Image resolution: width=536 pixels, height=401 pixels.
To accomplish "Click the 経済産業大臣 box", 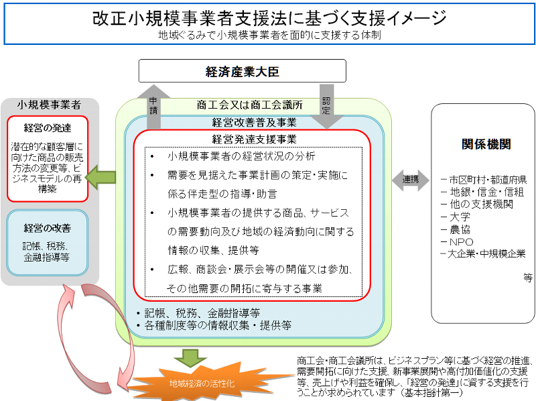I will point(242,71).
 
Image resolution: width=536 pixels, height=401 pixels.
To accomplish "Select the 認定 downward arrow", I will point(327,104).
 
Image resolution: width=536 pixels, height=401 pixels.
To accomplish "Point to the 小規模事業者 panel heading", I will point(49,105).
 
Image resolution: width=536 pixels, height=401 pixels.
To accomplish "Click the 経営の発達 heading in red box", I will point(47,127).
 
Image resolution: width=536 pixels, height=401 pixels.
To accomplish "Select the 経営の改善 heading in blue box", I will point(47,229).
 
